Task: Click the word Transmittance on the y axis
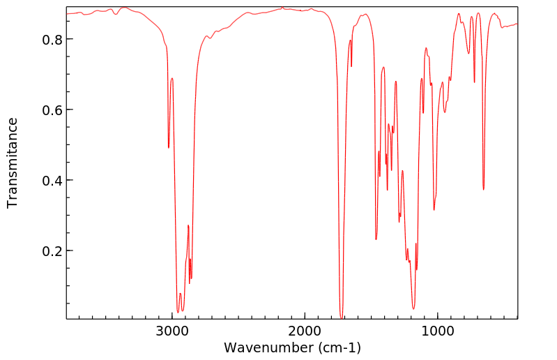(13, 163)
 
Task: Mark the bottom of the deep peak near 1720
(341, 317)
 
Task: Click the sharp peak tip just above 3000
(169, 147)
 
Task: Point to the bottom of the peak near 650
(483, 189)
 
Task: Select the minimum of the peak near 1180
(413, 308)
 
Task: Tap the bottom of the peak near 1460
(376, 239)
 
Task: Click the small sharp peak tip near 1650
(351, 66)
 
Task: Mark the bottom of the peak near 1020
(434, 210)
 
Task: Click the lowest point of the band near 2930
(178, 311)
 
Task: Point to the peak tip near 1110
(423, 112)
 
